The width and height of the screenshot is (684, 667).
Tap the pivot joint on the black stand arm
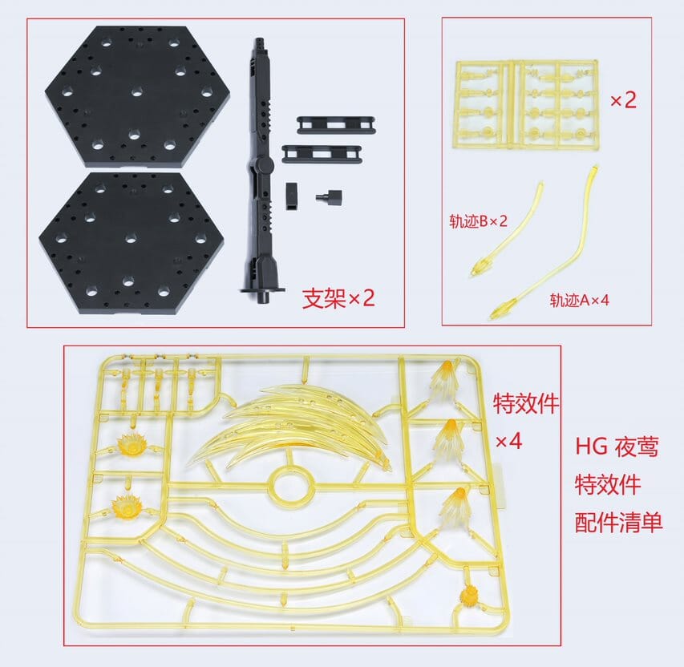(x=259, y=168)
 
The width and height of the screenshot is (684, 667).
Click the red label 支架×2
(x=338, y=298)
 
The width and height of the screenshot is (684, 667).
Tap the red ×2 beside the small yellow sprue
(x=623, y=101)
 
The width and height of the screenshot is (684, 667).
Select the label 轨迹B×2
(x=478, y=220)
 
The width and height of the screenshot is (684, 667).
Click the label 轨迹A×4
(x=580, y=300)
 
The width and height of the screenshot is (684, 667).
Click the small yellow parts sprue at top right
(x=527, y=101)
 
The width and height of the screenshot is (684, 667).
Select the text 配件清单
(x=618, y=522)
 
